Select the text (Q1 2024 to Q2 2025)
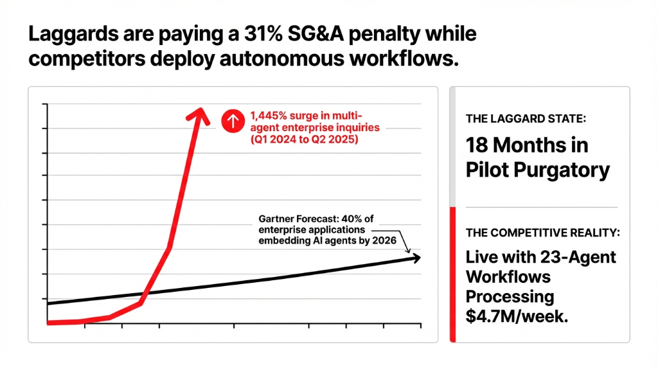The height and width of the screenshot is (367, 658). click(x=304, y=139)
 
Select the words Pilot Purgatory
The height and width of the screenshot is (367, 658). click(x=537, y=170)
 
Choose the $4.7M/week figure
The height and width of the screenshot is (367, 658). click(x=517, y=316)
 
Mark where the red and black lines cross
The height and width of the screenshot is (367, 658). click(x=144, y=294)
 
